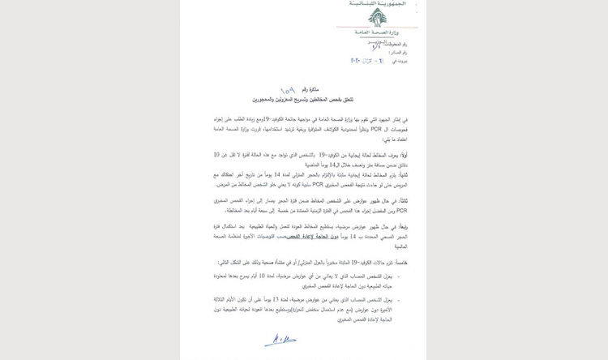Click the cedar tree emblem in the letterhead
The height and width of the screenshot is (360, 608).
coord(377,18)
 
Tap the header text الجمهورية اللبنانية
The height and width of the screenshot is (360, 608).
coord(375,4)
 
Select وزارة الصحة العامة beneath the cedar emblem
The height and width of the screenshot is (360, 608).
coord(375,32)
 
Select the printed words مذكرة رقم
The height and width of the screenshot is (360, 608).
coord(312,92)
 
